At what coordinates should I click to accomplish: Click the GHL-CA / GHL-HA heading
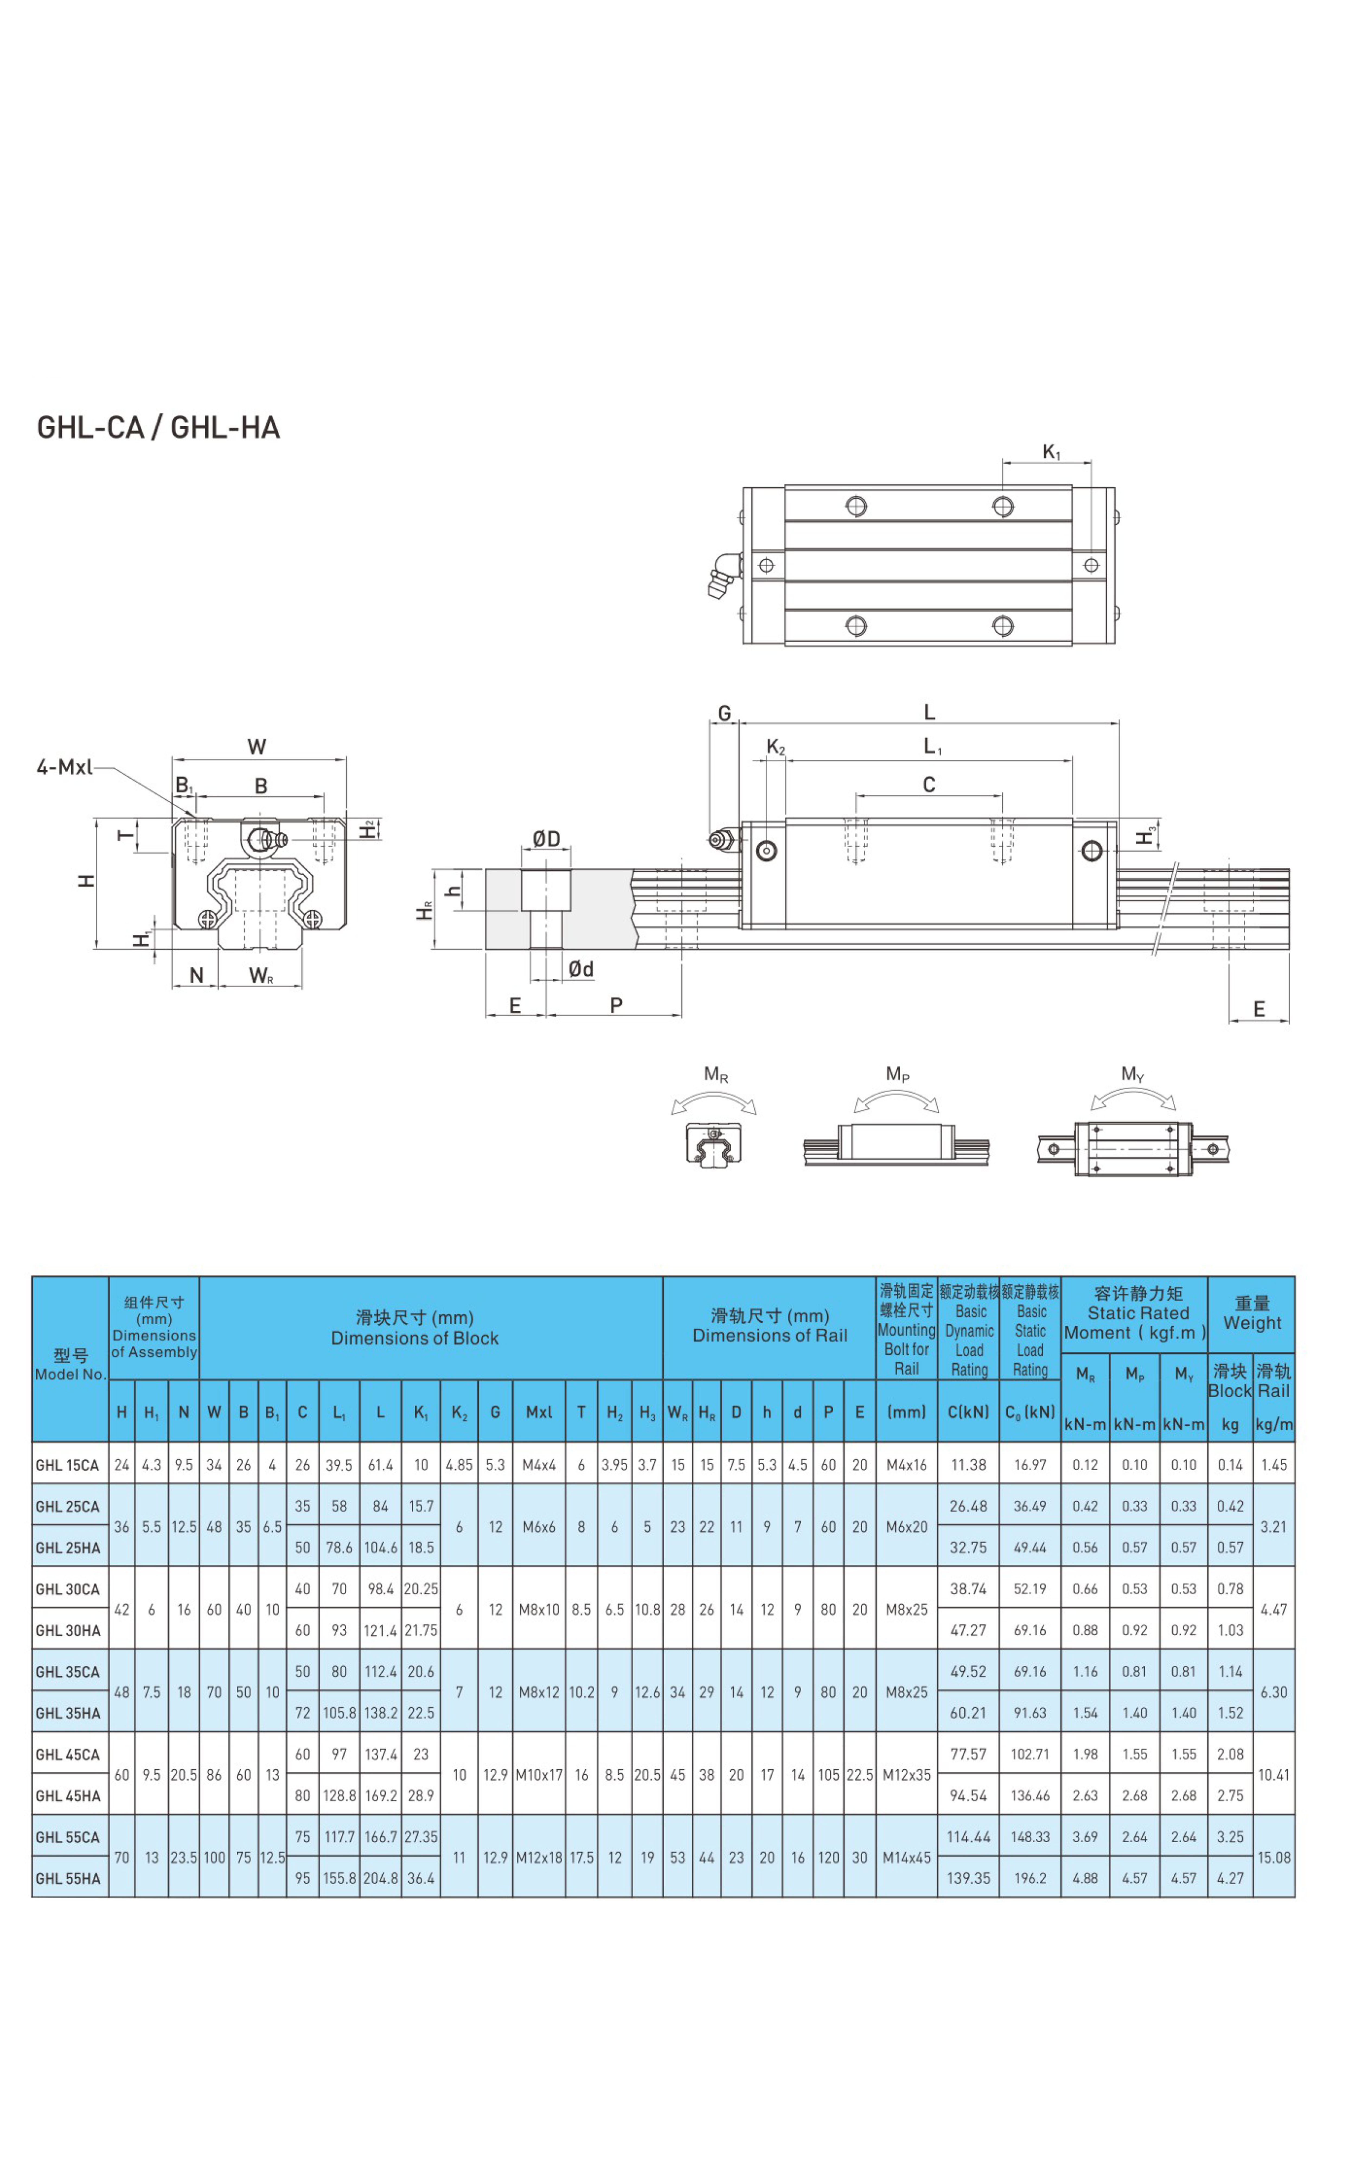[x=158, y=428]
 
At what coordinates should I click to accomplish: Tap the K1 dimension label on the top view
[x=1051, y=452]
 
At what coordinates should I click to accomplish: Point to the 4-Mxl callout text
[x=65, y=767]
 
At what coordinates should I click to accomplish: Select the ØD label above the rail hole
[x=546, y=838]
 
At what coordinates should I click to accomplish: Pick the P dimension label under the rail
[x=616, y=1005]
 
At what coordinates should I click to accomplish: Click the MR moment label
[x=716, y=1074]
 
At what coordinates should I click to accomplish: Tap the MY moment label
[x=1133, y=1074]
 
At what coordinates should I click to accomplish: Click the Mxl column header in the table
[x=539, y=1412]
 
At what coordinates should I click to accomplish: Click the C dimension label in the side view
[x=929, y=785]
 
